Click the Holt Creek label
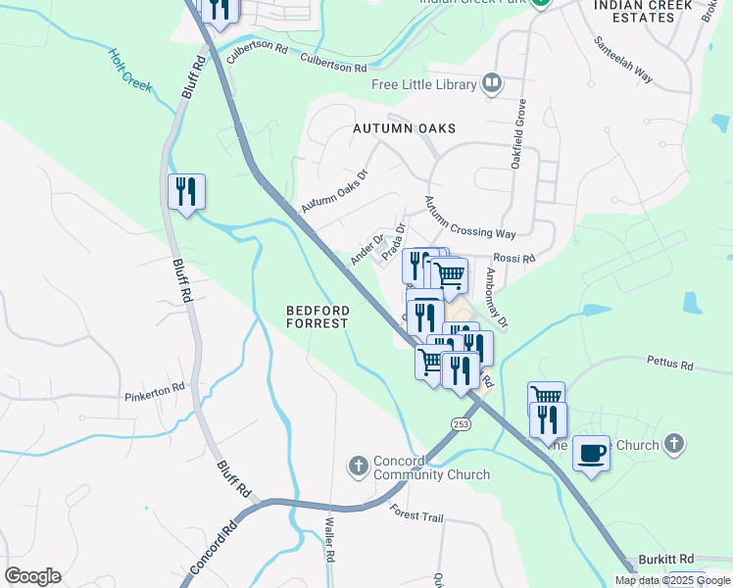click(x=130, y=71)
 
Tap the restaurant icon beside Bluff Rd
click(x=186, y=191)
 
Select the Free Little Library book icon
click(x=492, y=83)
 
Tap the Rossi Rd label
click(x=513, y=259)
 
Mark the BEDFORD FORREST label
click(x=318, y=317)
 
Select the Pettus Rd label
click(x=669, y=363)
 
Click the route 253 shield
click(x=461, y=422)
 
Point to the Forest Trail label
click(x=415, y=514)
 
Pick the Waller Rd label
click(x=330, y=540)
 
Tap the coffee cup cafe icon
click(x=591, y=453)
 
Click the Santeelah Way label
click(x=623, y=61)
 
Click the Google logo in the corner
click(x=32, y=576)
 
